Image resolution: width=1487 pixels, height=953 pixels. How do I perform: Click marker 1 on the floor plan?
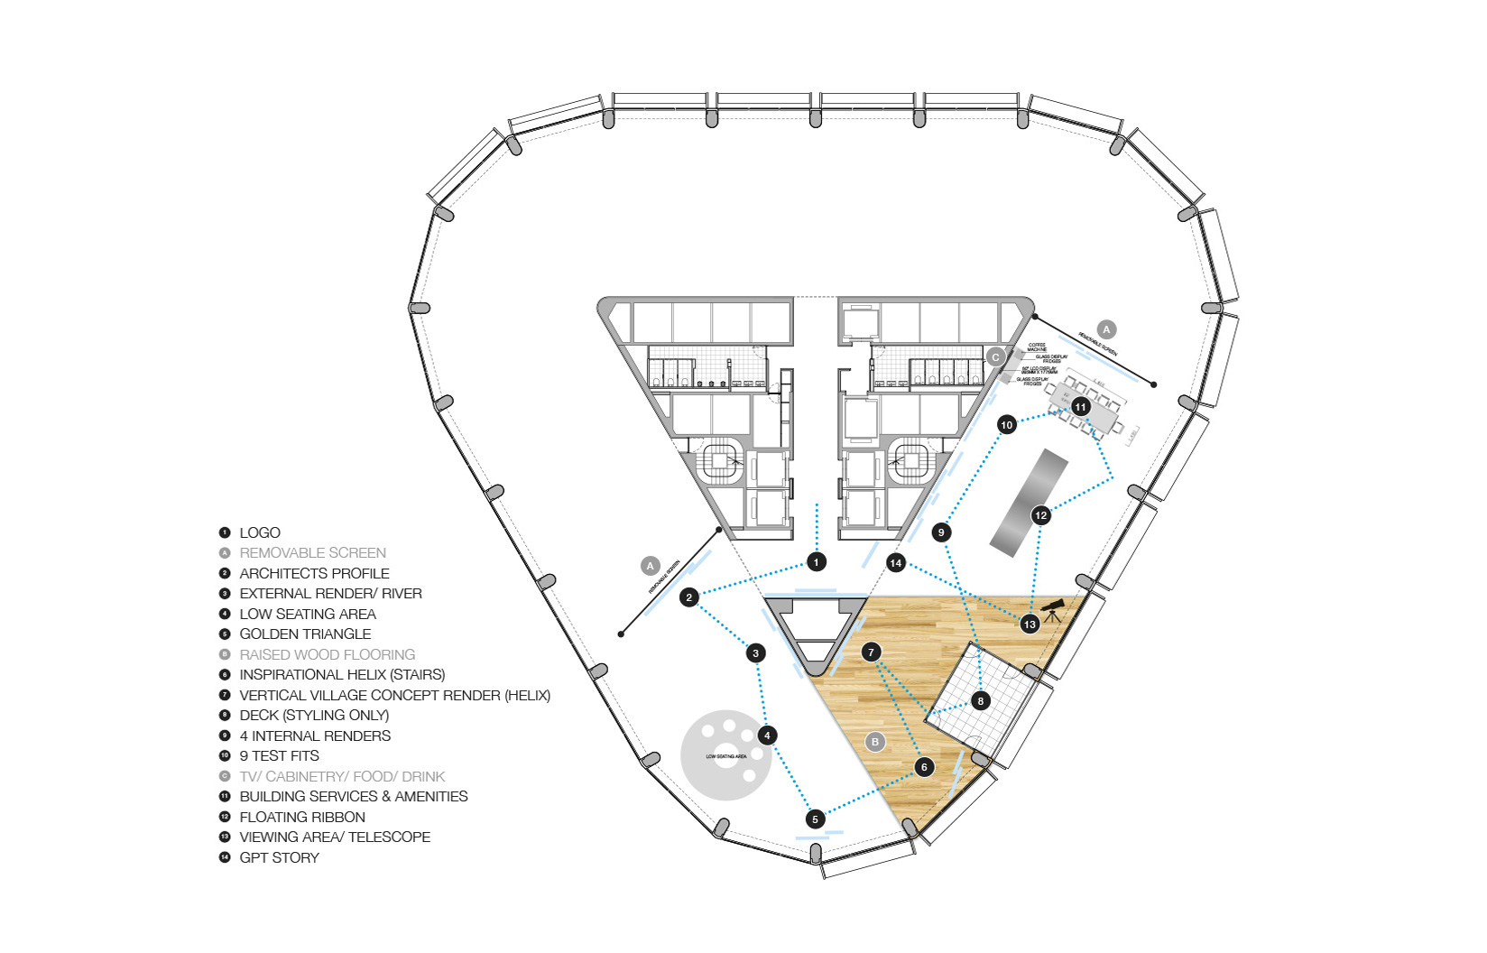click(816, 562)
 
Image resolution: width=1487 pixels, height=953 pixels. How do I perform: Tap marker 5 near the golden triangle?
click(815, 819)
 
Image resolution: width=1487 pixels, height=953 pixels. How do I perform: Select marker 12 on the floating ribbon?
click(1041, 515)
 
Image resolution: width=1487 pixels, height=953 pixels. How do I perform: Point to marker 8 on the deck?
click(981, 700)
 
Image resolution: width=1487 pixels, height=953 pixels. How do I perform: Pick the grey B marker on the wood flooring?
click(874, 742)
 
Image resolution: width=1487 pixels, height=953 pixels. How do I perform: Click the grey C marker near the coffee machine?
click(995, 357)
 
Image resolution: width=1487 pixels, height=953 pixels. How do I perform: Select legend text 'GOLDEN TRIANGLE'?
click(305, 634)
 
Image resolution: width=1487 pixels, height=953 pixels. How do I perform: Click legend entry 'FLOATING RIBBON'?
click(302, 817)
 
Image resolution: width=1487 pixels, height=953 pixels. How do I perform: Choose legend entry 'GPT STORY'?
click(279, 857)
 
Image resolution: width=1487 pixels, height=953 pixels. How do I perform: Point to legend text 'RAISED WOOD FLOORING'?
click(327, 654)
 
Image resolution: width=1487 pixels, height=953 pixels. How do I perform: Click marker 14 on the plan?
click(895, 563)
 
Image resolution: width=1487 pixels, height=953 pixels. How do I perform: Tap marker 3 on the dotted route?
click(756, 652)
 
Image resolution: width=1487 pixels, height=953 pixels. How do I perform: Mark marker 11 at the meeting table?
click(1081, 407)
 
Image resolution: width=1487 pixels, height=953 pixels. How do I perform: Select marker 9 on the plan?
click(941, 532)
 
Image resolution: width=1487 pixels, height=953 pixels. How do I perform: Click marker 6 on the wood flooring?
click(924, 767)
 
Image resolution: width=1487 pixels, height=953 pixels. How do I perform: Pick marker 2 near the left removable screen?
click(689, 597)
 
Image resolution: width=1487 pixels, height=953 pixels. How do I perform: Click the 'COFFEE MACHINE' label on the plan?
click(1037, 347)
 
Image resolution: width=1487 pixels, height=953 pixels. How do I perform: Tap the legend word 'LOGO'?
click(260, 532)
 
